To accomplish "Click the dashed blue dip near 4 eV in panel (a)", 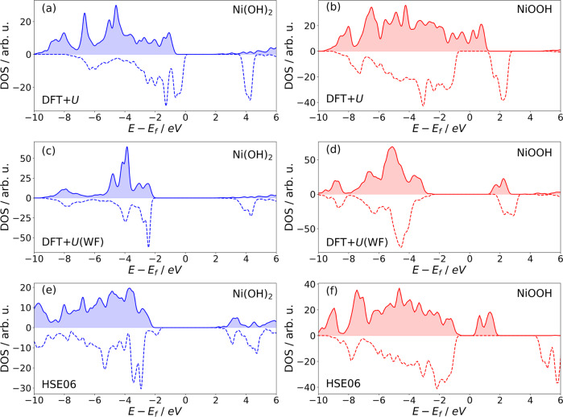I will click(x=250, y=99).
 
